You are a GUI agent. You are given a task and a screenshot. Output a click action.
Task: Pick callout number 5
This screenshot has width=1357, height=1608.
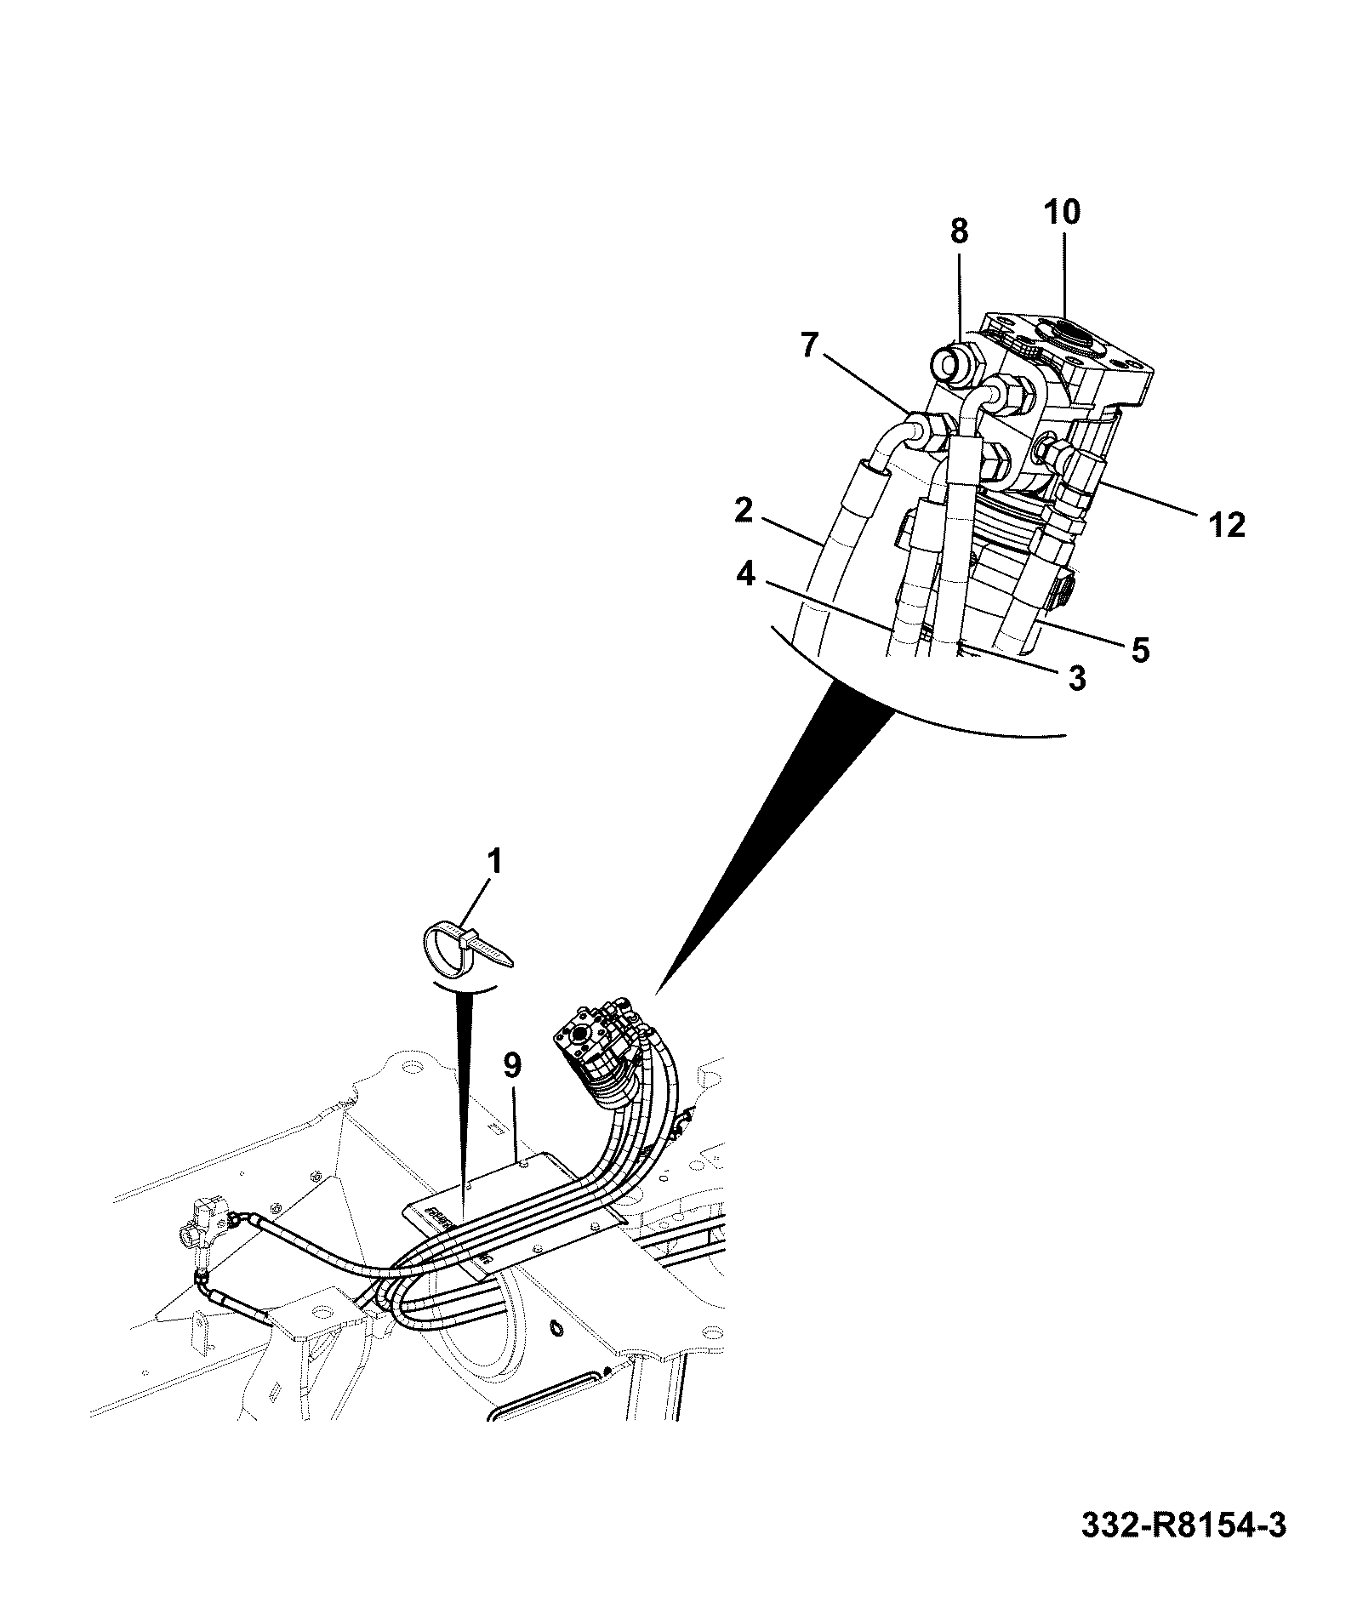point(1139,650)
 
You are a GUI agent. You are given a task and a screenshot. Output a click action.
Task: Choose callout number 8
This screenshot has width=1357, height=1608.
point(959,231)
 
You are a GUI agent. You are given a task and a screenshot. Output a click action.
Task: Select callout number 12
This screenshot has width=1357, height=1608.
point(1225,524)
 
